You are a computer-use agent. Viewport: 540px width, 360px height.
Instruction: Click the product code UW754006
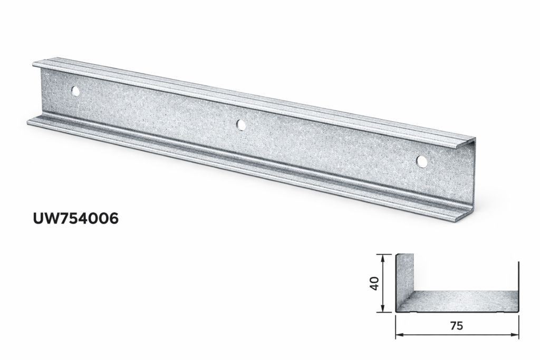point(76,218)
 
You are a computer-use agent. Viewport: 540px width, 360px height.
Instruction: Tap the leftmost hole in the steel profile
point(75,91)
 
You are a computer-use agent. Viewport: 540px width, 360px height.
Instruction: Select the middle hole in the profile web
point(241,125)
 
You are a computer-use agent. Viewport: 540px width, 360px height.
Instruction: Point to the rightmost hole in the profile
point(422,162)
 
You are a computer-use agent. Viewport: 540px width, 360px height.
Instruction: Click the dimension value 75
point(457,326)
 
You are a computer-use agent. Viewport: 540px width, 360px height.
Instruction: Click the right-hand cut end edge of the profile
point(474,179)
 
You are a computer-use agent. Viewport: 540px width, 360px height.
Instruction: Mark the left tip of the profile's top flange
point(34,64)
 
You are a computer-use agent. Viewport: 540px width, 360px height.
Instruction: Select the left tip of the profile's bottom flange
point(28,122)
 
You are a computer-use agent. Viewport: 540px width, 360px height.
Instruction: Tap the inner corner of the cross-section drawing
point(414,291)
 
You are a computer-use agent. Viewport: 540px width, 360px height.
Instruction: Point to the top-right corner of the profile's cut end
point(475,140)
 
